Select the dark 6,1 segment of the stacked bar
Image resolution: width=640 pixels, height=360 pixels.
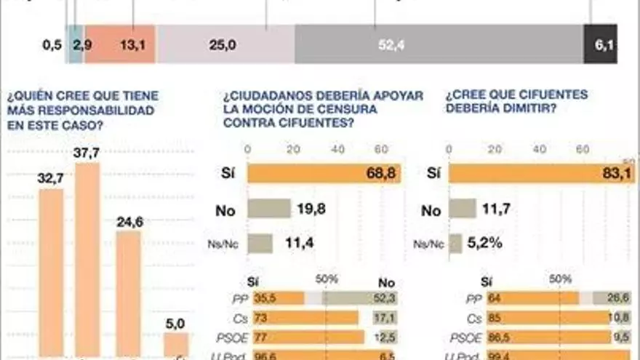tap(601, 45)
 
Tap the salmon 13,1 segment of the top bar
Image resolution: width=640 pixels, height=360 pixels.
tap(119, 45)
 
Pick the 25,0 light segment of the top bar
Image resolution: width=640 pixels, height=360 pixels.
tap(225, 45)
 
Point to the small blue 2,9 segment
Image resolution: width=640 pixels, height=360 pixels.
tap(75, 45)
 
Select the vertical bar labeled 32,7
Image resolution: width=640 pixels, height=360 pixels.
tap(51, 273)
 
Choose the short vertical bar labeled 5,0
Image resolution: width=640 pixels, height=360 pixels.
tap(175, 345)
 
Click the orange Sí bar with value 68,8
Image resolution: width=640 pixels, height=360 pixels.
tap(324, 173)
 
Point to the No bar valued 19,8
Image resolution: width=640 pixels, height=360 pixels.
tap(269, 209)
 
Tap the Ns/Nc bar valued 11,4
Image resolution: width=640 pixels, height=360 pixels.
tap(260, 244)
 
